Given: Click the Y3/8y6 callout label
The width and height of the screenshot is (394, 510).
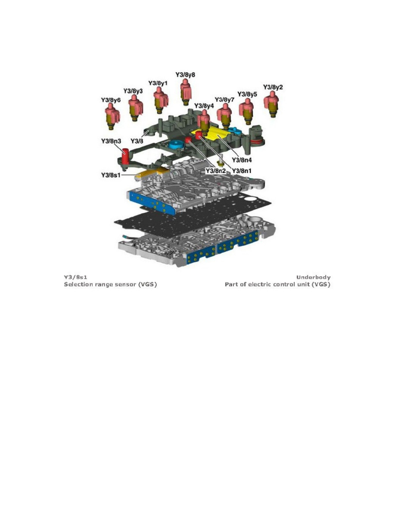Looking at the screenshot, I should (x=111, y=100).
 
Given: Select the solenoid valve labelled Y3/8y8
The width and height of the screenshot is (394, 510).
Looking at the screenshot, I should (x=185, y=91).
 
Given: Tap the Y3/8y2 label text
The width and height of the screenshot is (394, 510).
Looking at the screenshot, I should (x=273, y=87).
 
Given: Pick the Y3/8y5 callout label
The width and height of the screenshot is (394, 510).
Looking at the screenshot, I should (x=248, y=94).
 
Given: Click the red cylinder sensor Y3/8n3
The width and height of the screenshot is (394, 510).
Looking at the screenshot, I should (x=125, y=157).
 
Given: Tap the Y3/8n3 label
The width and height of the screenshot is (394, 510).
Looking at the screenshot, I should (x=111, y=141).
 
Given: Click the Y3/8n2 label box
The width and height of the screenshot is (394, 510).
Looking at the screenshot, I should (x=216, y=170).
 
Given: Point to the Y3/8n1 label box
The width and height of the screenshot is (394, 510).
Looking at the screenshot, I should (x=242, y=170).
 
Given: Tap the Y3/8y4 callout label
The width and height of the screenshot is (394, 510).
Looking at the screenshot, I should (x=204, y=106).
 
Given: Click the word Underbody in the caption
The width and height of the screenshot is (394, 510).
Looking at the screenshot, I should (x=313, y=277).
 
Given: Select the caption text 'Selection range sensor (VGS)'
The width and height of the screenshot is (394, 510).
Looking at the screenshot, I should (x=110, y=285).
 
